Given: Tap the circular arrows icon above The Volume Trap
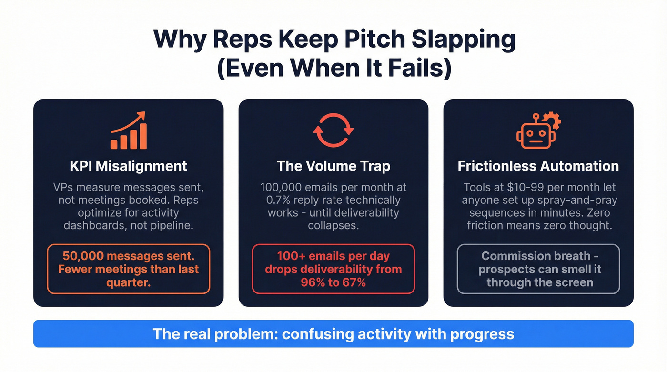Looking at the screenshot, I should click(x=333, y=130).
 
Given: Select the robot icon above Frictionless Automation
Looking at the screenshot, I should click(x=536, y=131).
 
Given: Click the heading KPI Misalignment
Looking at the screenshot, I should click(x=128, y=166).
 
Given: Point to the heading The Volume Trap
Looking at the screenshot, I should click(x=333, y=166).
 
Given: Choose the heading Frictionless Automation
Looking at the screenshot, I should click(x=538, y=166).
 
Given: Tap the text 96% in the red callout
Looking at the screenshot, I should click(x=313, y=282).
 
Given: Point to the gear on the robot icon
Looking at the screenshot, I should click(x=552, y=121).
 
